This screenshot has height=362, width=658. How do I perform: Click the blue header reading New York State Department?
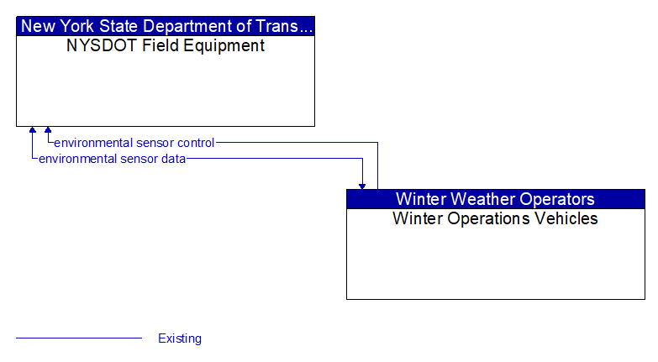(x=166, y=26)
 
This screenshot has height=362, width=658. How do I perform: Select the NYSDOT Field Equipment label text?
(x=166, y=46)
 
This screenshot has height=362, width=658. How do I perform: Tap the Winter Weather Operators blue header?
(x=495, y=199)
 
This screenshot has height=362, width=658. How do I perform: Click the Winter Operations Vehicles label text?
(x=495, y=219)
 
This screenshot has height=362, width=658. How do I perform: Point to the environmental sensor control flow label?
(x=134, y=143)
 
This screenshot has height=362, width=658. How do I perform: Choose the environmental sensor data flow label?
(x=112, y=159)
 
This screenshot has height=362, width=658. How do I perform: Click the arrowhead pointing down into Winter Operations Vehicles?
(x=362, y=184)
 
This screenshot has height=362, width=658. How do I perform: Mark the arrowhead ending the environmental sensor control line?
(x=48, y=131)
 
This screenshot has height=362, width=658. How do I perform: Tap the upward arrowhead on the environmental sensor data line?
(x=33, y=131)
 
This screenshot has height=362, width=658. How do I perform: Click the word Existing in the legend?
(x=180, y=338)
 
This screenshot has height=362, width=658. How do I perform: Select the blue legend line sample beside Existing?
(x=79, y=338)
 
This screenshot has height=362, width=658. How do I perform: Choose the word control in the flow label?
(x=194, y=143)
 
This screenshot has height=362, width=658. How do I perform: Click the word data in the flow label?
(x=173, y=159)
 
